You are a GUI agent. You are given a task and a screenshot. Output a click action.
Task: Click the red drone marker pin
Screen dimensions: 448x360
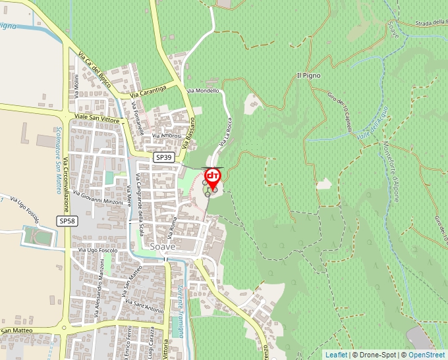213,178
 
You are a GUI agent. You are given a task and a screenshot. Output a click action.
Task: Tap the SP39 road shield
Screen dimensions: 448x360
164,158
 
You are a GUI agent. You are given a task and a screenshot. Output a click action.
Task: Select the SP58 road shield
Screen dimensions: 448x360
67,221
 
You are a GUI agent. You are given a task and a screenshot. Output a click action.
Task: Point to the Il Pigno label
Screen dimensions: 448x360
308,76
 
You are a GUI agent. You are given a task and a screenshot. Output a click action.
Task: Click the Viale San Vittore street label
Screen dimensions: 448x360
96,118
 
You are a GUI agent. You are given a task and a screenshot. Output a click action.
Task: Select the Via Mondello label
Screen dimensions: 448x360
202,90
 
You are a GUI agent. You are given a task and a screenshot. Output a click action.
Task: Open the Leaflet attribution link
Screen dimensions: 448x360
336,355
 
